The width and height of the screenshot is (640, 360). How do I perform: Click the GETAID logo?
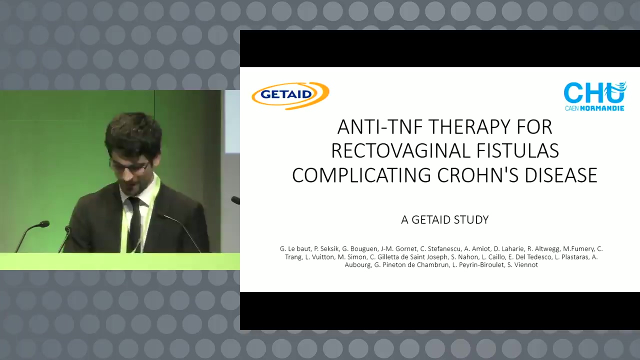pos(290,95)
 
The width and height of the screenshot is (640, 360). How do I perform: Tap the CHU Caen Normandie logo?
pos(595,96)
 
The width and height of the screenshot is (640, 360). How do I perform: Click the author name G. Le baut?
pos(295,249)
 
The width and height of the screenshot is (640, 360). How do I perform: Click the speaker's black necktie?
pos(134,223)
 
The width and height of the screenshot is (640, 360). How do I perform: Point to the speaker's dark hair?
pos(133,133)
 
